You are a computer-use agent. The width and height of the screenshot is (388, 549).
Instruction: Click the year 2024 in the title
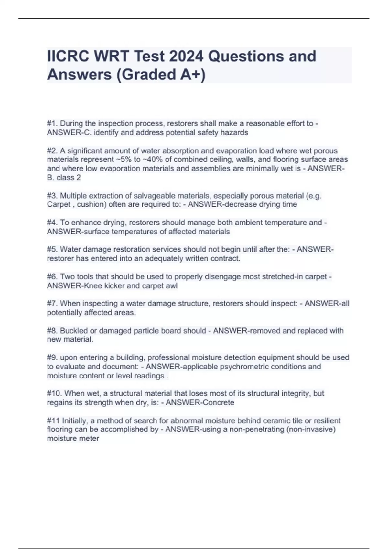coord(186,56)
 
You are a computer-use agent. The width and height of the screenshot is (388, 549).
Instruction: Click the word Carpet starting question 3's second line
coord(59,204)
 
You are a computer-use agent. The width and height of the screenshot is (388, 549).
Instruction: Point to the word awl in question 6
coord(172,286)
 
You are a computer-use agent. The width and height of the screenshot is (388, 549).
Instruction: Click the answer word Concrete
coord(217,403)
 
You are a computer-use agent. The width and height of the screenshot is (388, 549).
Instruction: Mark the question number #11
coord(53,421)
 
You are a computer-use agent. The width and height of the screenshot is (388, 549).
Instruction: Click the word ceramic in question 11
coord(278,421)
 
